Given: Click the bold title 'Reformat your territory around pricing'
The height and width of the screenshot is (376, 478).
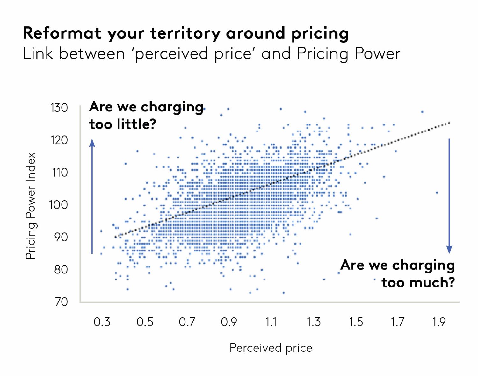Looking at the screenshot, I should point(186,33).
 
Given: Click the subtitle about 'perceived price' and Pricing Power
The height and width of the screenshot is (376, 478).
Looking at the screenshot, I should point(211,53).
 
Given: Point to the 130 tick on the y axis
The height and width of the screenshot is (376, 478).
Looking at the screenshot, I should point(59,108).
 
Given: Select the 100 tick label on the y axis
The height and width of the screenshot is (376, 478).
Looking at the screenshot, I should point(59,205).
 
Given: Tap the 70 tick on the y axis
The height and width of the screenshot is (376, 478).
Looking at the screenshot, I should point(61,302).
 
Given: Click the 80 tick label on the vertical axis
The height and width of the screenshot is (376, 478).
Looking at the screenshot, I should point(61,270).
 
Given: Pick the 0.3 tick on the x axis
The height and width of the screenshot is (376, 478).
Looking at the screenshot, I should point(102,322).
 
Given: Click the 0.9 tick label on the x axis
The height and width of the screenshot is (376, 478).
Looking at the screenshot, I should point(229,322).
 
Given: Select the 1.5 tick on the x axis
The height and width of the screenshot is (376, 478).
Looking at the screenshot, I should point(356,322).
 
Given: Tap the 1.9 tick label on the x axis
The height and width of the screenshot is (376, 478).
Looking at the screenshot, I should point(439,322).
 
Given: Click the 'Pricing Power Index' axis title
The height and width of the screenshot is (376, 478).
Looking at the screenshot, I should point(31,206).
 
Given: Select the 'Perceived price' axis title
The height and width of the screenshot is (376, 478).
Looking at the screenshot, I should point(271,348).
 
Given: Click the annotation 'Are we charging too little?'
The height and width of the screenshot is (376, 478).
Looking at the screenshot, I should point(146,115).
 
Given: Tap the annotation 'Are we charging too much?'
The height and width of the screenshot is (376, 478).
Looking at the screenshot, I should point(398,273).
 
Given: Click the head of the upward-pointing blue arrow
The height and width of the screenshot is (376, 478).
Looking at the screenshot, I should point(92,143).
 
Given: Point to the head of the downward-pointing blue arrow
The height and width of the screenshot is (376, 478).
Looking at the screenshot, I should point(449,250).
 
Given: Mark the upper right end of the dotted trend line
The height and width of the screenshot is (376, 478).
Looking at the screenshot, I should point(449,123).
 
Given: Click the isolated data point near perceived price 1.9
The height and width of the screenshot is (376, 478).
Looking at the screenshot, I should point(437,192).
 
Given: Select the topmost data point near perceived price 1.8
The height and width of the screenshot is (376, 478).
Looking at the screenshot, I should point(422,112).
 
